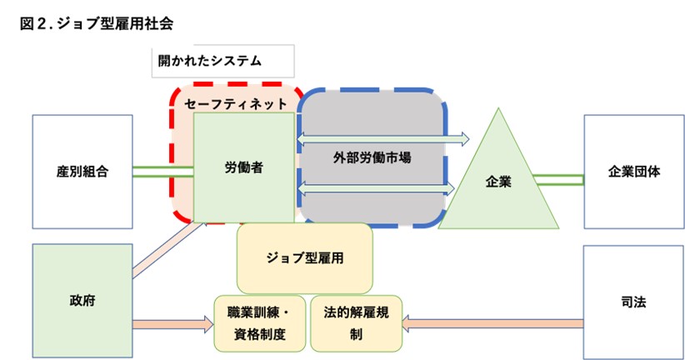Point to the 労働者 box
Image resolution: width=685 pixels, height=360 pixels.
pyautogui.click(x=244, y=167)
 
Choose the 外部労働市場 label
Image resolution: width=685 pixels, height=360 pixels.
pyautogui.click(x=372, y=156)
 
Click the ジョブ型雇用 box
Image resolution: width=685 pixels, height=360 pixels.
pyautogui.click(x=304, y=257)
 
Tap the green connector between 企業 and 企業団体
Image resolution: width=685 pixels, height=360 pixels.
pyautogui.click(x=558, y=178)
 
